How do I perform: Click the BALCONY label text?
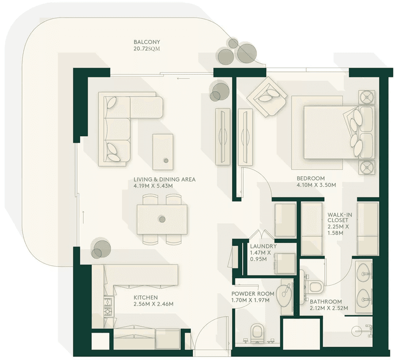[x=146, y=42]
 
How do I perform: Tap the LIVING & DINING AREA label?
[x=164, y=179]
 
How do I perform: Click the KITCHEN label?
[x=145, y=297]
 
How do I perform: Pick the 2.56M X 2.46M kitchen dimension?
[x=153, y=304]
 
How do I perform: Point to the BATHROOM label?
[x=326, y=301]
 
